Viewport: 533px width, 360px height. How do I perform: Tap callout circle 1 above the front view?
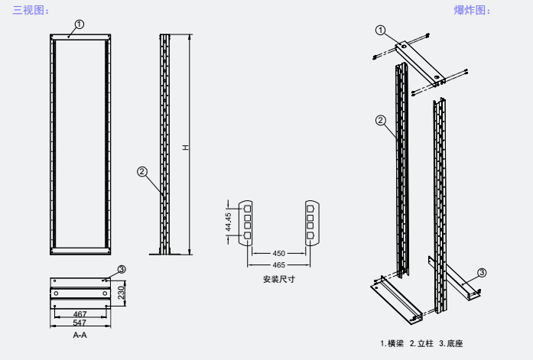click(x=80, y=24)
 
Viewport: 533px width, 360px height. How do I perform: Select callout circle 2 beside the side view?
click(x=141, y=171)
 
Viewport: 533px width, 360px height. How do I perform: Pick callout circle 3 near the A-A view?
click(x=122, y=269)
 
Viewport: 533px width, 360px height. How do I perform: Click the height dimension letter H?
click(x=185, y=147)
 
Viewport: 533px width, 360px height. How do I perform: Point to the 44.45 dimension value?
click(x=229, y=222)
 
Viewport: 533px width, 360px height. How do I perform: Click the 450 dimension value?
click(x=278, y=253)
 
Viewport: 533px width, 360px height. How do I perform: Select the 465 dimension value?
click(x=278, y=264)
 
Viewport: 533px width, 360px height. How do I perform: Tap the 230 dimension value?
click(x=120, y=292)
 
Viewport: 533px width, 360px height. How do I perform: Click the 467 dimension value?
click(x=80, y=314)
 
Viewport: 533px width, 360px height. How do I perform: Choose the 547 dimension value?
click(x=80, y=323)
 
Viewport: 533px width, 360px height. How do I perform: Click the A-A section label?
click(x=80, y=336)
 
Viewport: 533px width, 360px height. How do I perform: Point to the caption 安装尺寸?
click(x=278, y=280)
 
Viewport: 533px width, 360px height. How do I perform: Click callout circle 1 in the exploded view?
click(x=381, y=30)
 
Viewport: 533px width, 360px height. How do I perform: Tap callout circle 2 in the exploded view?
click(x=381, y=119)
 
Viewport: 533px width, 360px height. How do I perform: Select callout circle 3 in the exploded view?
click(x=481, y=273)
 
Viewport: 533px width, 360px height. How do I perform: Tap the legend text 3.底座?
click(x=451, y=343)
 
